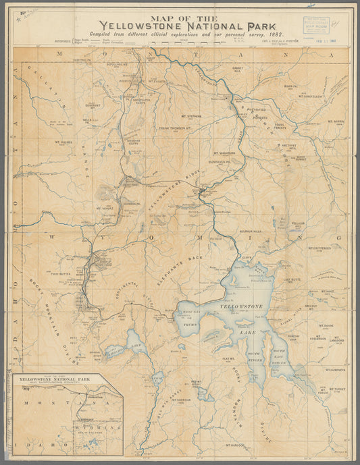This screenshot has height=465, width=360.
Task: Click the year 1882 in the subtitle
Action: (x=273, y=33)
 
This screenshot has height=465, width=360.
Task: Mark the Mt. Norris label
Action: (x=336, y=121)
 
